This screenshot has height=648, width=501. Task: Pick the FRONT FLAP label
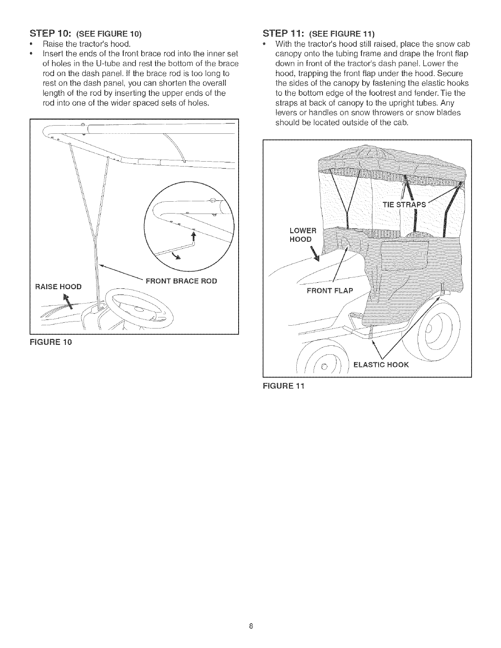(x=332, y=291)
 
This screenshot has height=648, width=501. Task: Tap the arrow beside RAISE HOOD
(x=71, y=301)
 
